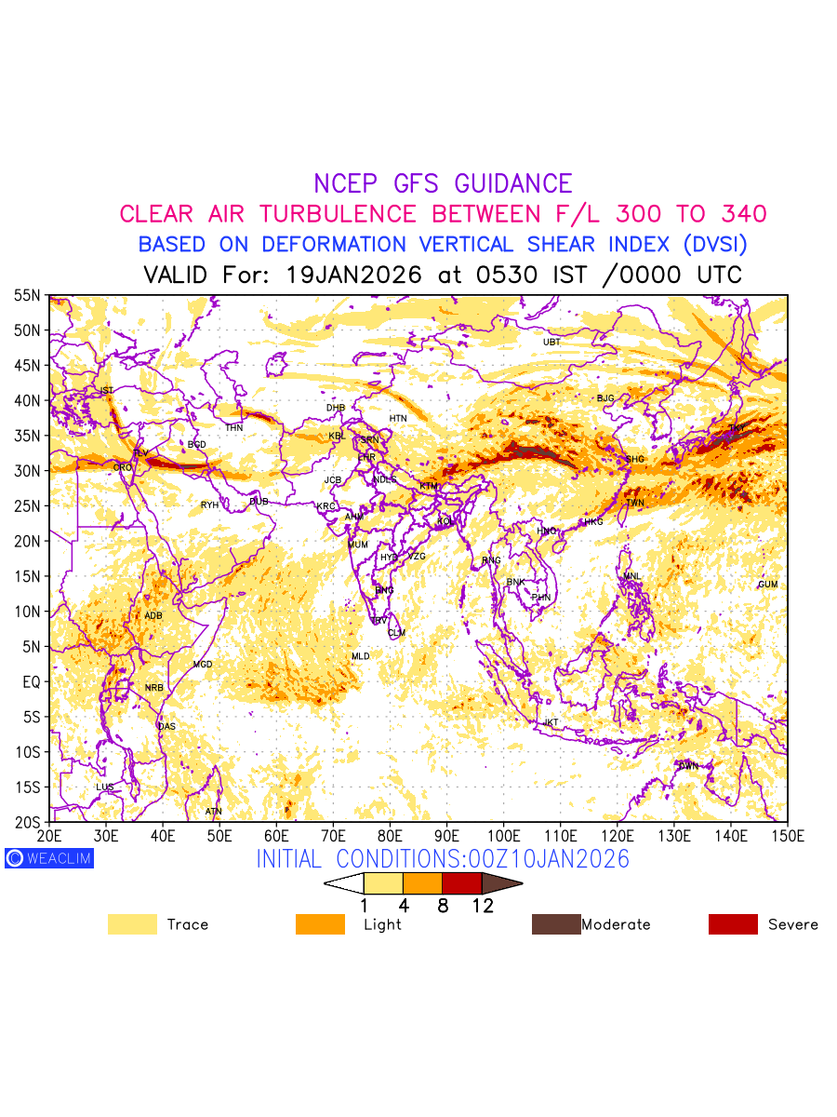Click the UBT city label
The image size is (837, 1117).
click(551, 343)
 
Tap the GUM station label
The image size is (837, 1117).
click(767, 585)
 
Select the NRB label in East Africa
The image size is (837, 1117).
click(153, 688)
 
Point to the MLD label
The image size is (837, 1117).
click(360, 657)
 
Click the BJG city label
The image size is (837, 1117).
click(605, 398)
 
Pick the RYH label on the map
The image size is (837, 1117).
click(209, 505)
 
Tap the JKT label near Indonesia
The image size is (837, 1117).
click(551, 722)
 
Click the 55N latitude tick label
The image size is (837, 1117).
click(27, 296)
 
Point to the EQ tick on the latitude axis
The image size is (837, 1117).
click(32, 682)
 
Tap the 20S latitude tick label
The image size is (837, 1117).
click(27, 822)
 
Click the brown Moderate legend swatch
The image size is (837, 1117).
click(555, 924)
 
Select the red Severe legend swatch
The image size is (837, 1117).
click(733, 924)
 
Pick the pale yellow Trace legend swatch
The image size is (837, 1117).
click(132, 924)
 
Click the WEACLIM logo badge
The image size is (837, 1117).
click(49, 858)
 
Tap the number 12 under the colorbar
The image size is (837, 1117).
click(482, 906)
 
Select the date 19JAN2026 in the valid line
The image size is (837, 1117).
click(355, 276)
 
